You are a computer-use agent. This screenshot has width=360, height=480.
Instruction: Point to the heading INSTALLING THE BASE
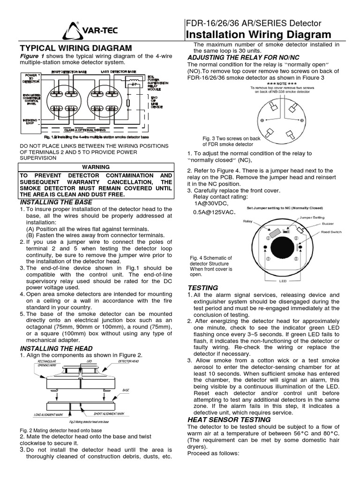(x=56, y=202)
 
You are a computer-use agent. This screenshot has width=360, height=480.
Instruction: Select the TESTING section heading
(x=202, y=287)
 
